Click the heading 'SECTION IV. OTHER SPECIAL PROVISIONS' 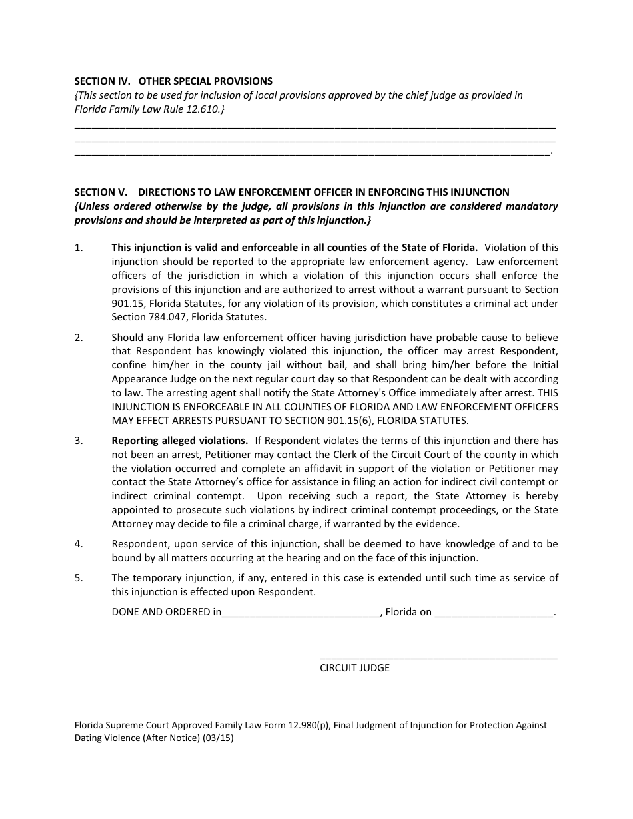173,81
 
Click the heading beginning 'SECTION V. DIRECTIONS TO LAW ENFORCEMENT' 292,192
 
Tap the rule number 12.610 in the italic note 203,109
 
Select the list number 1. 79,248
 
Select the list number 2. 79,338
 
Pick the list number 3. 79,441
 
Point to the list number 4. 79,544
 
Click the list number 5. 79,578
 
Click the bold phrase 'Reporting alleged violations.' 180,441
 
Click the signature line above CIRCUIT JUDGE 438,657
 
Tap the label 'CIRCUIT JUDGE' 354,668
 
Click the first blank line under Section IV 315,126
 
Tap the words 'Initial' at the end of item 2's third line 544,365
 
